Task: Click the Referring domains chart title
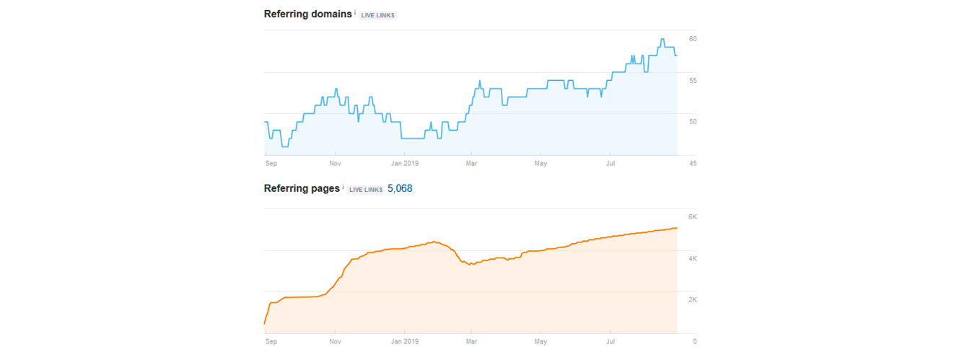(308, 14)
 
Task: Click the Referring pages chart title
(302, 188)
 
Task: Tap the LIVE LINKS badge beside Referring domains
(378, 15)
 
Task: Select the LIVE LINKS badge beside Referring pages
(365, 190)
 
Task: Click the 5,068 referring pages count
(400, 189)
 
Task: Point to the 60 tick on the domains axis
(693, 39)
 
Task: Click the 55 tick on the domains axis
(693, 80)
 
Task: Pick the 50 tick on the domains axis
(693, 121)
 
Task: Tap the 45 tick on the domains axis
(693, 163)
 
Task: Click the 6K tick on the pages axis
(692, 217)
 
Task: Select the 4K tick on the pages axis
(692, 258)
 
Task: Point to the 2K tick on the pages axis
(692, 299)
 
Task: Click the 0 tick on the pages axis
(694, 341)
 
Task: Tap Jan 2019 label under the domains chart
(405, 163)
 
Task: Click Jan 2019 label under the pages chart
(405, 341)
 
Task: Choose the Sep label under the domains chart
(271, 163)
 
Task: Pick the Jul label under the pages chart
(611, 341)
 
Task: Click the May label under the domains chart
(541, 163)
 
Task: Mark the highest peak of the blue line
(663, 39)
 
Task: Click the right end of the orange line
(676, 228)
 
